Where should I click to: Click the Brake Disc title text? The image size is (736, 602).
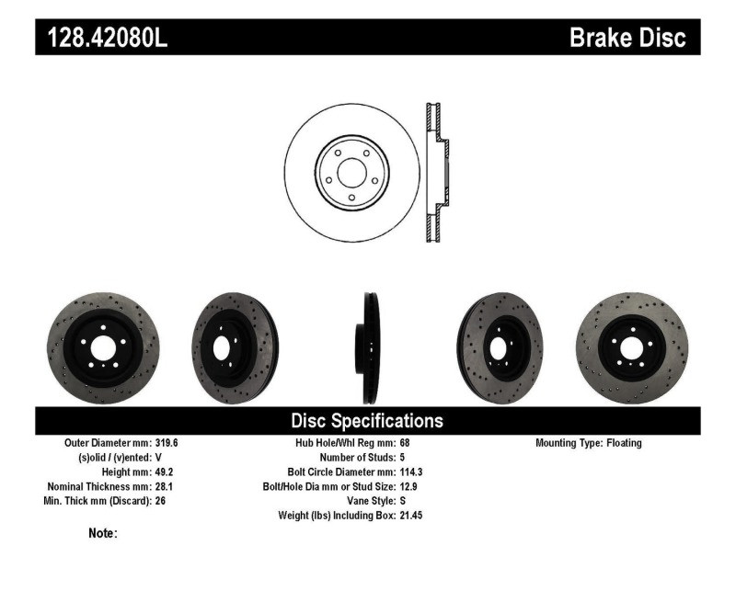coord(627,39)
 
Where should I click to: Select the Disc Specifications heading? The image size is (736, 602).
coord(367,421)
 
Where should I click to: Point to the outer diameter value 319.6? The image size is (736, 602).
coord(167,443)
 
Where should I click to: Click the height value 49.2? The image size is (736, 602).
coord(163,471)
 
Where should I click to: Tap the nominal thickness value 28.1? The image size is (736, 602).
coord(163,486)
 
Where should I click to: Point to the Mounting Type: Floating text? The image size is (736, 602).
coord(589,443)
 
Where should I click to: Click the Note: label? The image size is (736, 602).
coord(102,533)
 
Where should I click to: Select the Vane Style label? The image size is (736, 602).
coord(367,501)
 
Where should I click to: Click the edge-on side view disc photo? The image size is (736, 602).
coord(369,348)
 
